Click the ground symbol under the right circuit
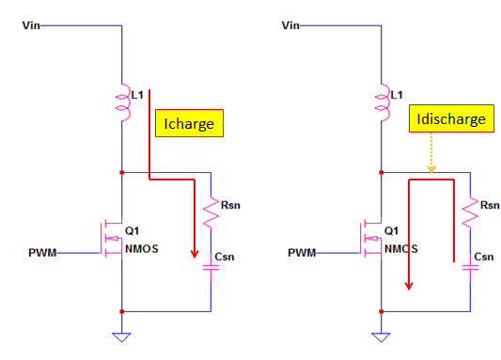(381, 335)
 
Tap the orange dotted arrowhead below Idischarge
(431, 168)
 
